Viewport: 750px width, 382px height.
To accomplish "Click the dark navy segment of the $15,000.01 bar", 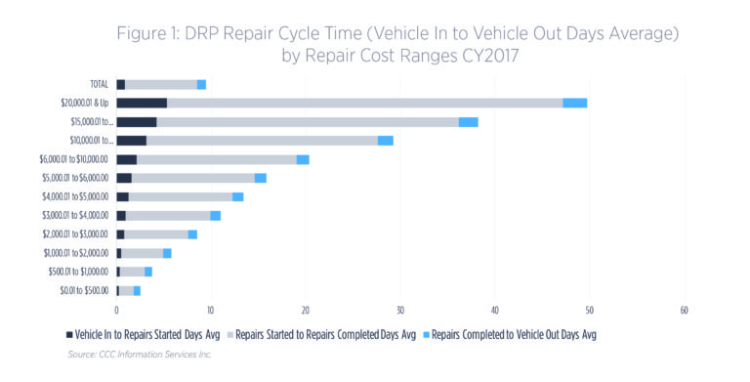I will coord(136,122).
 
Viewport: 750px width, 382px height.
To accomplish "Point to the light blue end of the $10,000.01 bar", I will coord(386,141).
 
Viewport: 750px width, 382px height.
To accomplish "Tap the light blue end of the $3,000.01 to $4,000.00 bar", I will coord(215,216).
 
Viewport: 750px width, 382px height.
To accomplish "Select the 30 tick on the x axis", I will coord(399,311).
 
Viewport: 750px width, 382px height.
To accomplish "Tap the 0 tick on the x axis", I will coord(116,311).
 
